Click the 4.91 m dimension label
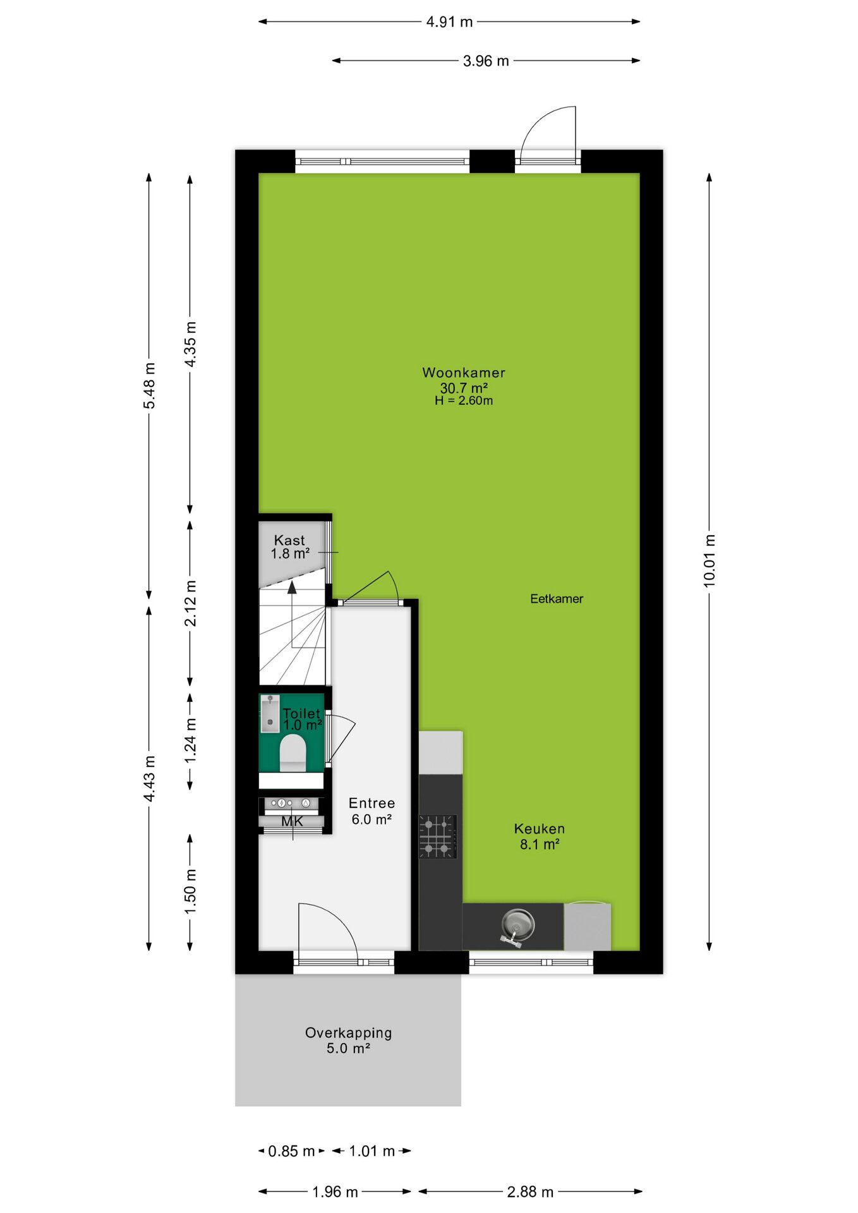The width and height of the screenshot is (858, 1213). click(449, 22)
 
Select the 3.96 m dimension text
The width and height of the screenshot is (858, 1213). click(486, 61)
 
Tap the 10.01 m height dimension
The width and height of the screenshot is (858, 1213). click(710, 561)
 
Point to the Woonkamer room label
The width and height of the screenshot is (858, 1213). click(464, 373)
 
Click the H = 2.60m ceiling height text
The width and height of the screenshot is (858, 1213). click(464, 401)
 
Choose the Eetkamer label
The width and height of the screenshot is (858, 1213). click(557, 599)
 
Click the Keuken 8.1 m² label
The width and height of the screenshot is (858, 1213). click(540, 836)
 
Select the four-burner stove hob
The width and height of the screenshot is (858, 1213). click(437, 836)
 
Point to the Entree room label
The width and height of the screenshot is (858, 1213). click(372, 803)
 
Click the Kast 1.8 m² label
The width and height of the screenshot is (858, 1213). click(290, 547)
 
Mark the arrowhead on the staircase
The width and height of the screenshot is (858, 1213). click(292, 588)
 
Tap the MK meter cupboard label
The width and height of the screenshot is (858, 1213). click(292, 821)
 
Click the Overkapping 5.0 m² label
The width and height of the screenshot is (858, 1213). click(348, 1041)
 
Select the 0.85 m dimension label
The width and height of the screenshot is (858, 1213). click(291, 1151)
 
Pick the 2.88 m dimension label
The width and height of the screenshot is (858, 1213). click(530, 1192)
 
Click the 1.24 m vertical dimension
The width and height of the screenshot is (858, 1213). click(190, 740)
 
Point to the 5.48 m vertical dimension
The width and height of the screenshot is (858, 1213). click(150, 385)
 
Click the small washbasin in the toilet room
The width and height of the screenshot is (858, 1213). click(270, 714)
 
